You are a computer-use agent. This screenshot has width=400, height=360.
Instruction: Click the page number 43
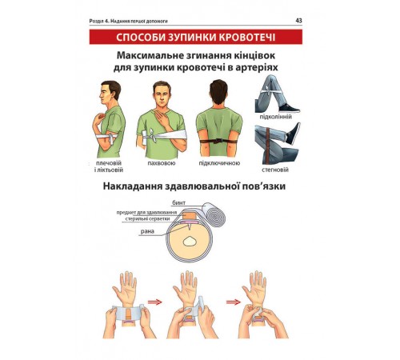click(298, 21)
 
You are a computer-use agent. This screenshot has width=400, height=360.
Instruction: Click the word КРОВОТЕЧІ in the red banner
click(247, 37)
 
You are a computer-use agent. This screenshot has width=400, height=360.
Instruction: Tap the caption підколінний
click(276, 117)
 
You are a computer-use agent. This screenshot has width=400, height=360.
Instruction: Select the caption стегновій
click(275, 170)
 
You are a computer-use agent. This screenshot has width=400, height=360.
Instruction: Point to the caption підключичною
click(219, 163)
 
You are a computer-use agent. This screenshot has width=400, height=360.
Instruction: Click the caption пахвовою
click(162, 163)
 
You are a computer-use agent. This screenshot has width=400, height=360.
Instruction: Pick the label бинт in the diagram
click(178, 203)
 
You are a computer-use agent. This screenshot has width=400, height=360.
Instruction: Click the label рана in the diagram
click(147, 231)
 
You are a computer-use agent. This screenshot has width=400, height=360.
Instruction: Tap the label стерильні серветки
click(147, 219)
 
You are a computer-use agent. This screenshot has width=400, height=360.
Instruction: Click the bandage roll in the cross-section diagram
click(214, 214)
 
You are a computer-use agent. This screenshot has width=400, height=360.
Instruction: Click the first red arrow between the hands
click(155, 302)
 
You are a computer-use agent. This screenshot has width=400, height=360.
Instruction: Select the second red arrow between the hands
click(234, 302)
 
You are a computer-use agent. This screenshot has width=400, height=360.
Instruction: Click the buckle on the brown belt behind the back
click(219, 141)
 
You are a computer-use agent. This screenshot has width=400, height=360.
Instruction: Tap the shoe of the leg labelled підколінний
click(289, 108)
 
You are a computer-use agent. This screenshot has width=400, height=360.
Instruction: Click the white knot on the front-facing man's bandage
click(152, 136)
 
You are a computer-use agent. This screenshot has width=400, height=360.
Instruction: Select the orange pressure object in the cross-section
click(190, 215)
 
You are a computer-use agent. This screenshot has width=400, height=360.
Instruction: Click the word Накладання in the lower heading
click(133, 186)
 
